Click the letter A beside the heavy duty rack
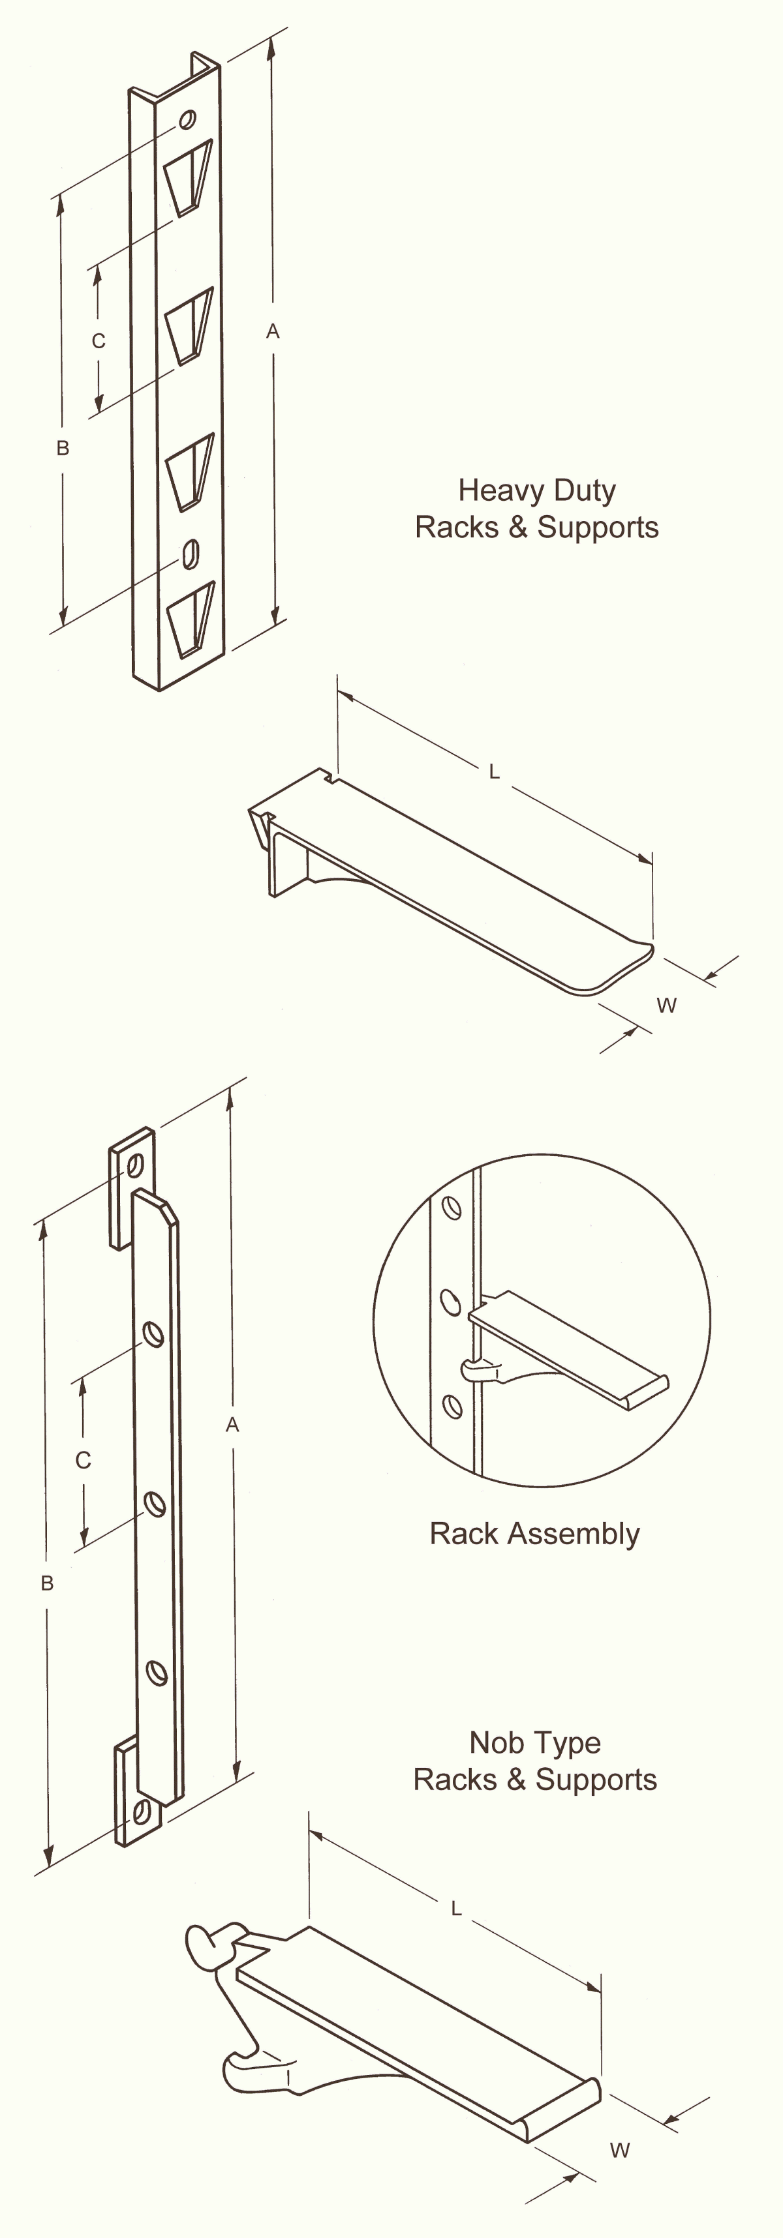(273, 331)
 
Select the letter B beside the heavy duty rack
(63, 448)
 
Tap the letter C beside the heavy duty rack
(99, 340)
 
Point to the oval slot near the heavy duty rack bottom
(191, 554)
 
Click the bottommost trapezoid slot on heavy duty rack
(191, 619)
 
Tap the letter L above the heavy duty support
(495, 771)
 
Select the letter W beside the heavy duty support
(667, 1005)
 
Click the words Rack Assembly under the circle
(534, 1534)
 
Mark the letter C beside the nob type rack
(84, 1461)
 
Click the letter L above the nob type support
(456, 1908)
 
